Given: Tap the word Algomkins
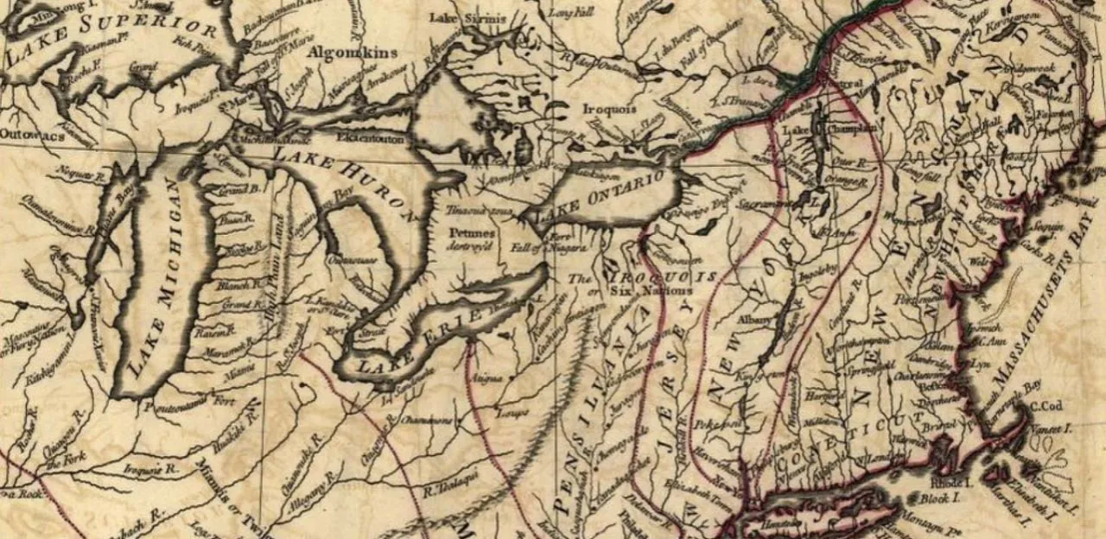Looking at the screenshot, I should (355, 52).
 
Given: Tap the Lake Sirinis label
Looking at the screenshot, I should (456, 17).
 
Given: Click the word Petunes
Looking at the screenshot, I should (472, 232).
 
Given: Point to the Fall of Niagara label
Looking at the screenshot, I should (533, 249).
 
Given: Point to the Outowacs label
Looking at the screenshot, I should (26, 134).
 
